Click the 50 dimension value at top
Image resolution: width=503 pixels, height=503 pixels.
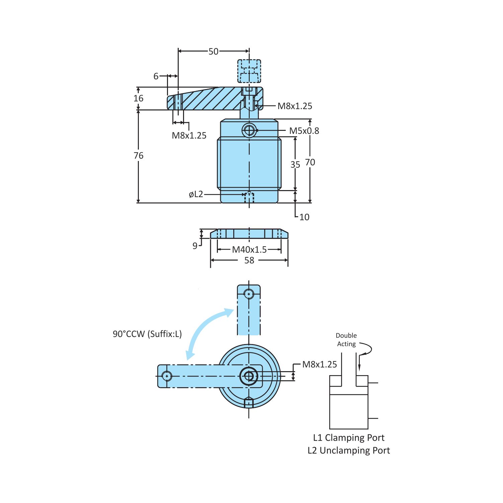point(213,52)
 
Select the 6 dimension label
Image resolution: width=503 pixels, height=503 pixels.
point(156,76)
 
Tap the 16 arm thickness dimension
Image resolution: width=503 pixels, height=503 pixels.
point(138,98)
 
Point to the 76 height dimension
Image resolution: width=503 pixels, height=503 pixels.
point(138,156)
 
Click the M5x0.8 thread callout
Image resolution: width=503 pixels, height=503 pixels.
point(304,131)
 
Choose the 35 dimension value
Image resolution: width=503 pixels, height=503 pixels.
point(295,165)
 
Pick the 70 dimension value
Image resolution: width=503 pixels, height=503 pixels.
point(310,162)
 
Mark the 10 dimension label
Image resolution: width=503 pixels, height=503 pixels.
point(304,217)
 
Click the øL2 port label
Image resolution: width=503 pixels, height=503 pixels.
point(196,194)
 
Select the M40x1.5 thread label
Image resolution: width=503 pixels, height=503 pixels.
point(249,250)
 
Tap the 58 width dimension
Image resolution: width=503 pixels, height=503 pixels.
point(249,260)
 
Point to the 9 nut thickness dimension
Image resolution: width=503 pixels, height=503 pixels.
point(195,246)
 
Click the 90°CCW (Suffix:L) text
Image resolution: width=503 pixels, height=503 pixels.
point(147,334)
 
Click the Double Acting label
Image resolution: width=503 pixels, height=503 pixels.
point(346,340)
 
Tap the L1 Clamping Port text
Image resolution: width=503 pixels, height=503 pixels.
point(349,438)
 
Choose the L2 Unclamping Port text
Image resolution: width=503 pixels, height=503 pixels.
point(349,450)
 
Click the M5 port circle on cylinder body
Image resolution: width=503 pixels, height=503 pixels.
point(249,130)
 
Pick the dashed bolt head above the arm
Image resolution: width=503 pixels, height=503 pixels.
point(249,71)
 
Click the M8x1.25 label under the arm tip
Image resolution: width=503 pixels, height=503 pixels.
point(189,136)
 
